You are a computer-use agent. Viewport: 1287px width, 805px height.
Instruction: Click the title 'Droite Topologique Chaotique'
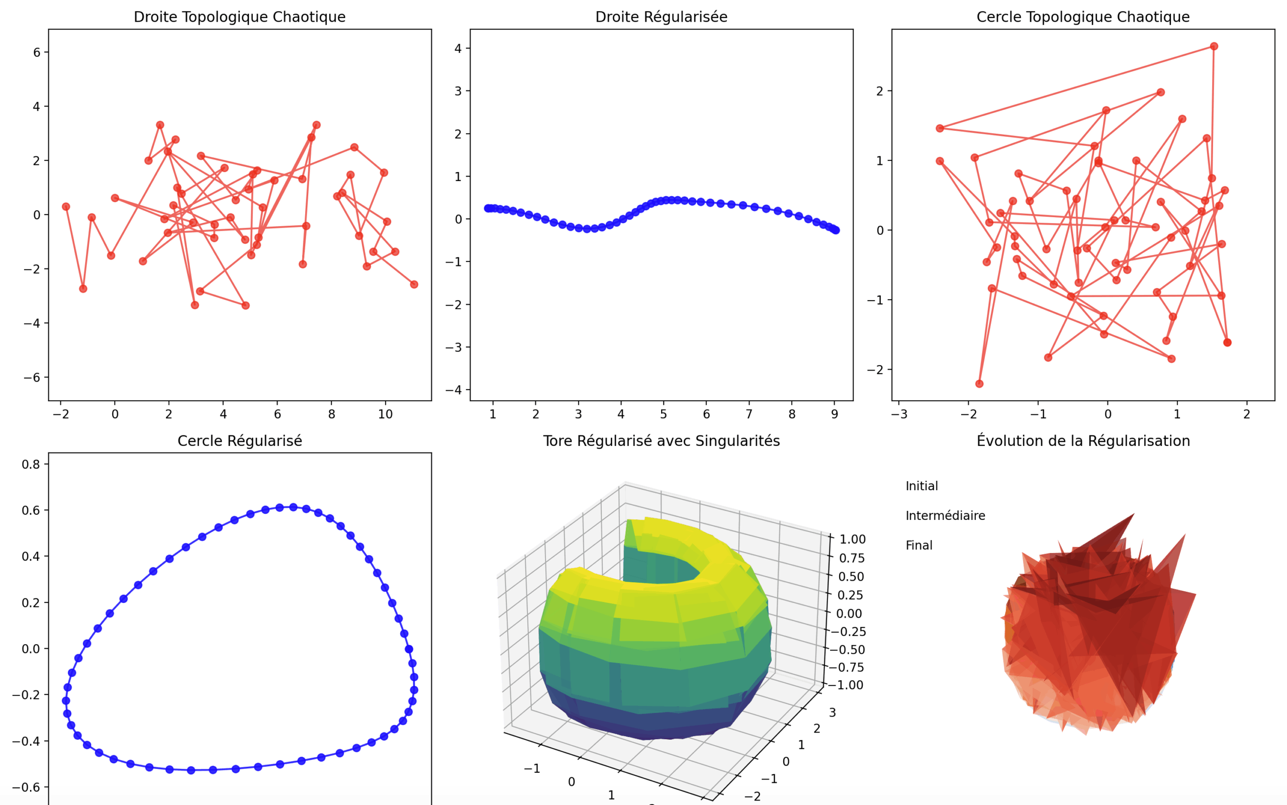click(x=239, y=17)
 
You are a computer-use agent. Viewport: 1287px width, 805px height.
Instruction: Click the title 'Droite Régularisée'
click(x=661, y=17)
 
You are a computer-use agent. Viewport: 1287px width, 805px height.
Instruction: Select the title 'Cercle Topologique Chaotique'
click(x=1082, y=17)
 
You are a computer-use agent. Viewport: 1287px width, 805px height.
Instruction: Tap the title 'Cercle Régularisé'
click(x=239, y=441)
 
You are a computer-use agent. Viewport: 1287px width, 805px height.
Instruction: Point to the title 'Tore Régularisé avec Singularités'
click(x=661, y=441)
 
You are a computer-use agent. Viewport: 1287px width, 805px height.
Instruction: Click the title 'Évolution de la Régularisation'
click(x=1082, y=441)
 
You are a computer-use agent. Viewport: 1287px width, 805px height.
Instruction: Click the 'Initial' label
click(x=922, y=486)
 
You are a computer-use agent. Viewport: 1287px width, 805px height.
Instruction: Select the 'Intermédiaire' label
click(x=945, y=516)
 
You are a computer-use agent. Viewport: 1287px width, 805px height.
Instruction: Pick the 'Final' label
click(x=918, y=546)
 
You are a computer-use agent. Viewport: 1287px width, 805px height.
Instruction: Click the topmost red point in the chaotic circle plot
click(x=1214, y=46)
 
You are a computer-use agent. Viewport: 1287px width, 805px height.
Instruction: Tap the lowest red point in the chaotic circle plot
click(x=979, y=384)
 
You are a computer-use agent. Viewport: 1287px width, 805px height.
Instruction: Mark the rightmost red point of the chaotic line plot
click(x=414, y=284)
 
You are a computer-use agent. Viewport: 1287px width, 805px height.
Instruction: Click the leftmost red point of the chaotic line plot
click(x=66, y=207)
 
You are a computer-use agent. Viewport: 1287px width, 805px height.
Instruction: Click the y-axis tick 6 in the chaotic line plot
click(x=37, y=52)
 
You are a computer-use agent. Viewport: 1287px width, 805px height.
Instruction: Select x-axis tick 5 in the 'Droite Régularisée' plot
click(x=663, y=414)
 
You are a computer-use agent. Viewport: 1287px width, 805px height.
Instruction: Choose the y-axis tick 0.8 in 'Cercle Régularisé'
click(x=31, y=464)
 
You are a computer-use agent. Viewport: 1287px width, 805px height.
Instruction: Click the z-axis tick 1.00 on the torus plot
click(x=852, y=540)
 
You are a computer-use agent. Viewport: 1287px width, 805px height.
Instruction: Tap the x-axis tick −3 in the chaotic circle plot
click(x=899, y=414)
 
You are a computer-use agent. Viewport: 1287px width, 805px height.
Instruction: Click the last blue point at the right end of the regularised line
click(x=836, y=230)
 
